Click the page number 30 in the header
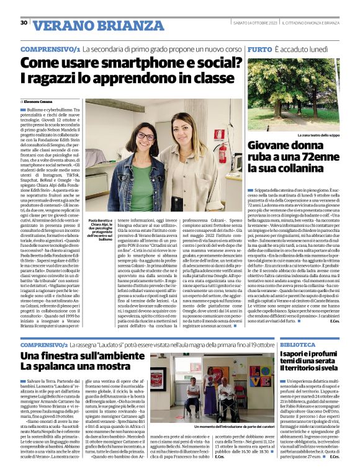[x=24, y=23]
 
